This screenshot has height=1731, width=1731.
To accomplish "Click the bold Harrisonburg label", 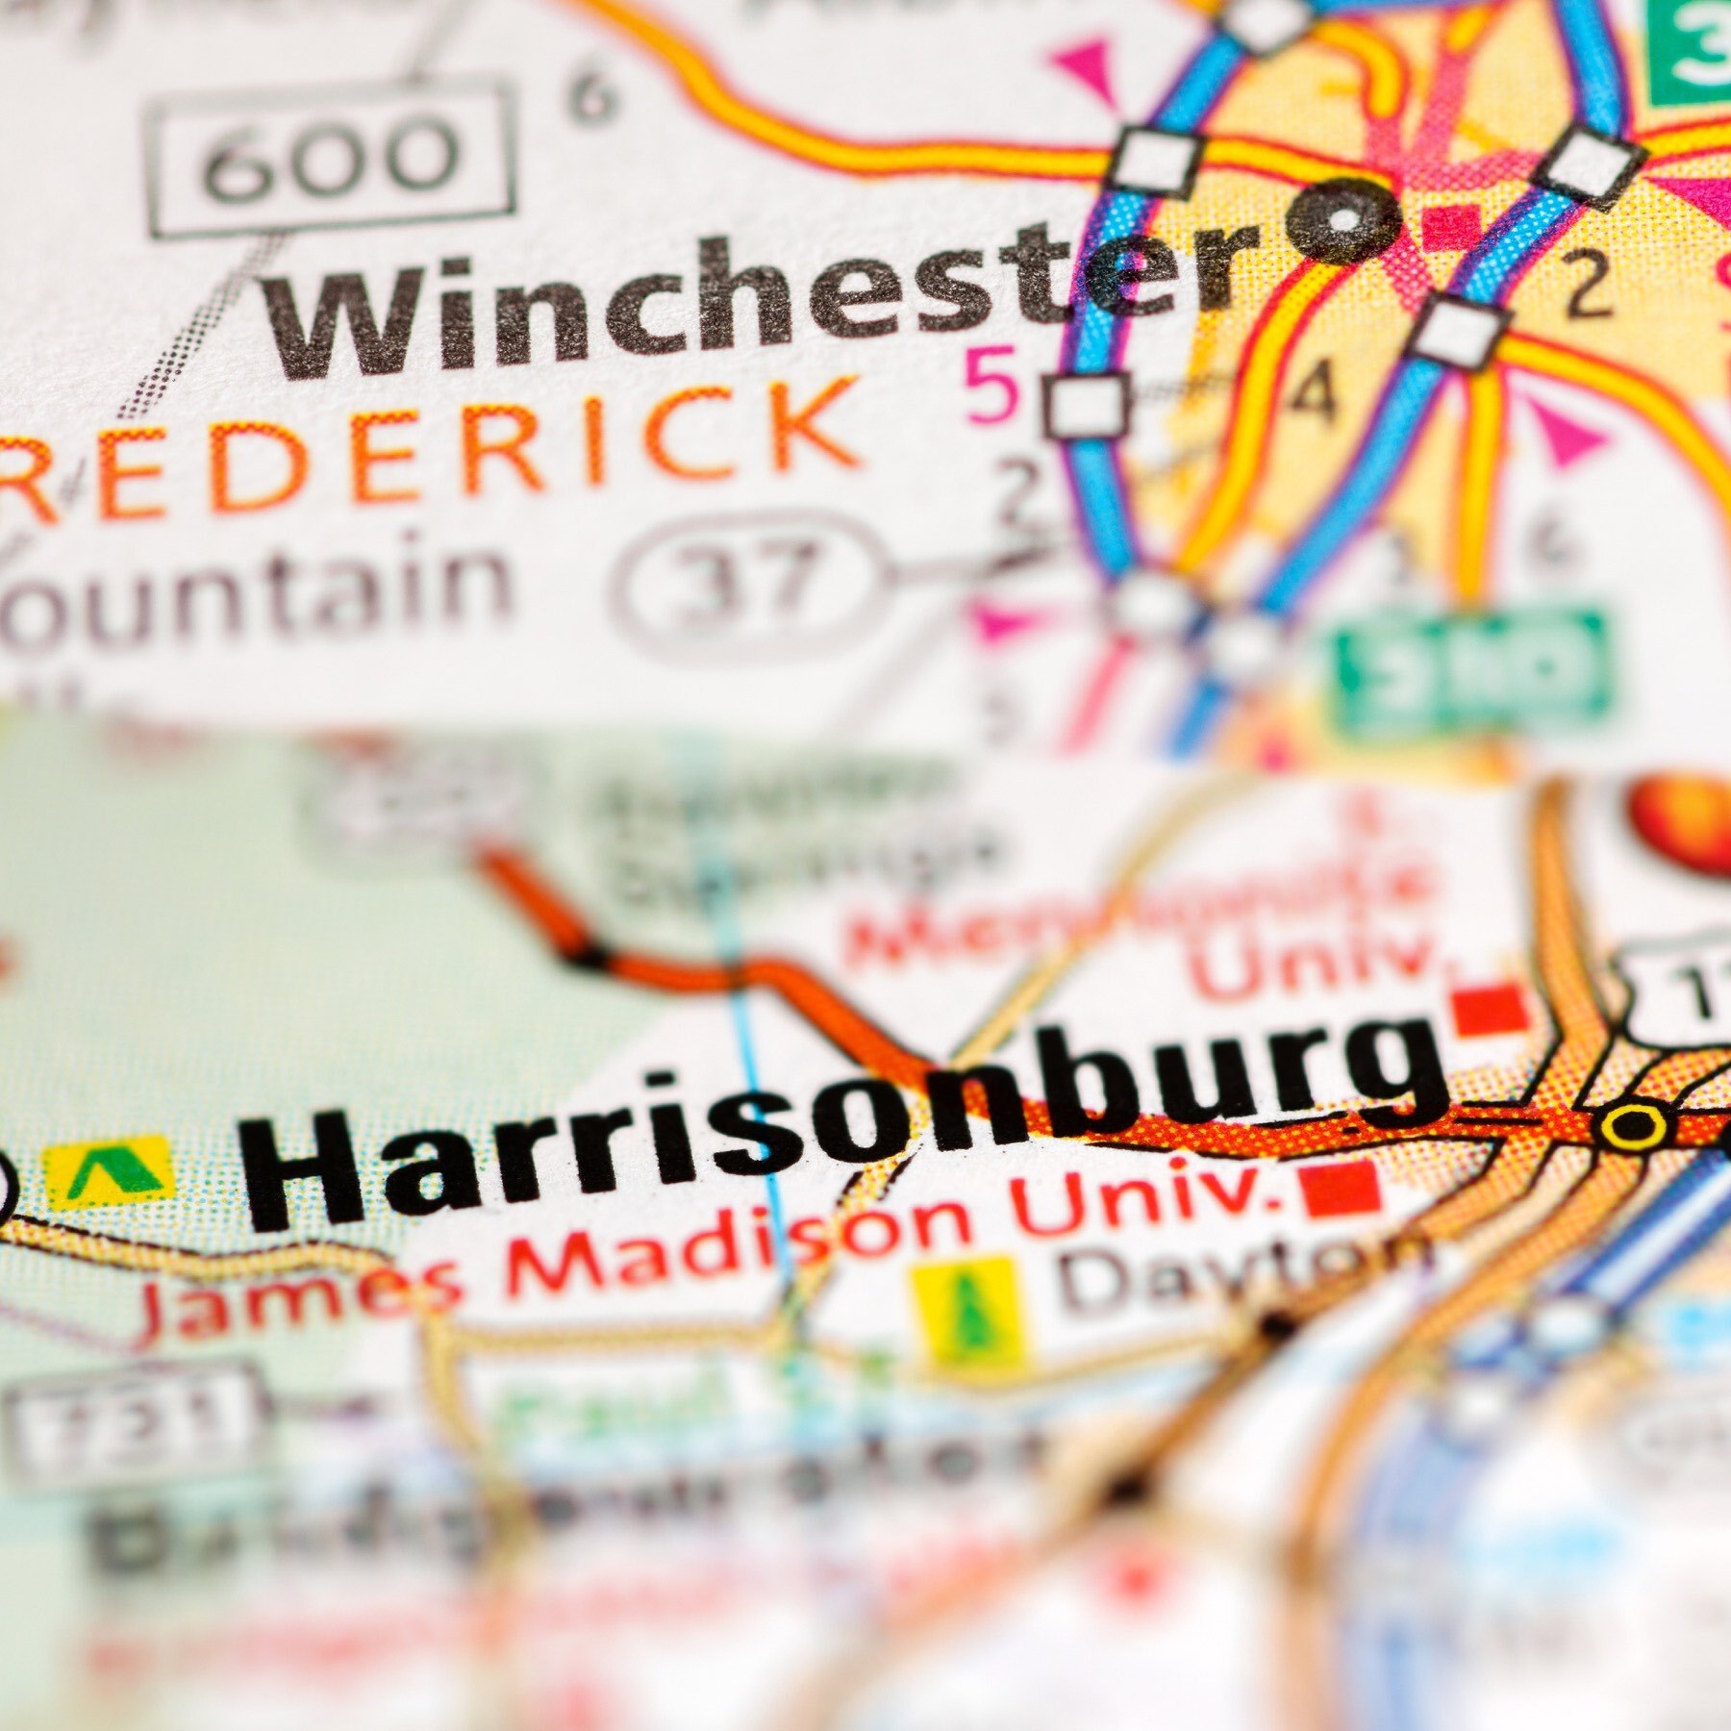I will point(846,1125).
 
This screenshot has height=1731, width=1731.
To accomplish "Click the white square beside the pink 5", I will point(1087,404).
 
